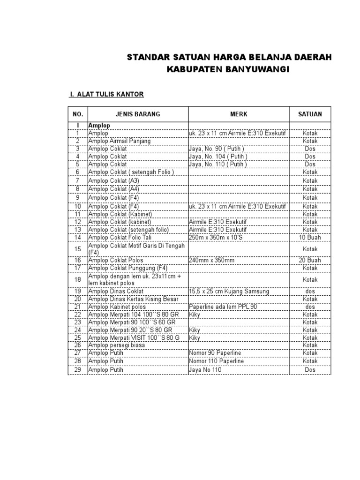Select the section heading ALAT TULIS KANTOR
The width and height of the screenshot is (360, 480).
point(110,95)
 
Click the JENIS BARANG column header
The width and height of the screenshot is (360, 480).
point(138,114)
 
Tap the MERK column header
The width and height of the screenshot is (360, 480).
point(239,114)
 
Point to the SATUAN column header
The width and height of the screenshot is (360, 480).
point(310,114)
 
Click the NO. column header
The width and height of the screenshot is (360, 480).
point(78,114)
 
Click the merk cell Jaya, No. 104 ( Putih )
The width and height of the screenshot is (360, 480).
point(218,156)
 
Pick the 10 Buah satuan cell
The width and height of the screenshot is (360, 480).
point(310,238)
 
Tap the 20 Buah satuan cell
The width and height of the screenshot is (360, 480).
point(310,260)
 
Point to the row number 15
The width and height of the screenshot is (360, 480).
point(78,249)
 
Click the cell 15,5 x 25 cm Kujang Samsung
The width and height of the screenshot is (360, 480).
point(229,291)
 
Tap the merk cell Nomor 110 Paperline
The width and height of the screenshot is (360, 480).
point(215,360)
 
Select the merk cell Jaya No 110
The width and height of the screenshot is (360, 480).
point(205,370)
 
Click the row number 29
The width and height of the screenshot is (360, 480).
point(78,370)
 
